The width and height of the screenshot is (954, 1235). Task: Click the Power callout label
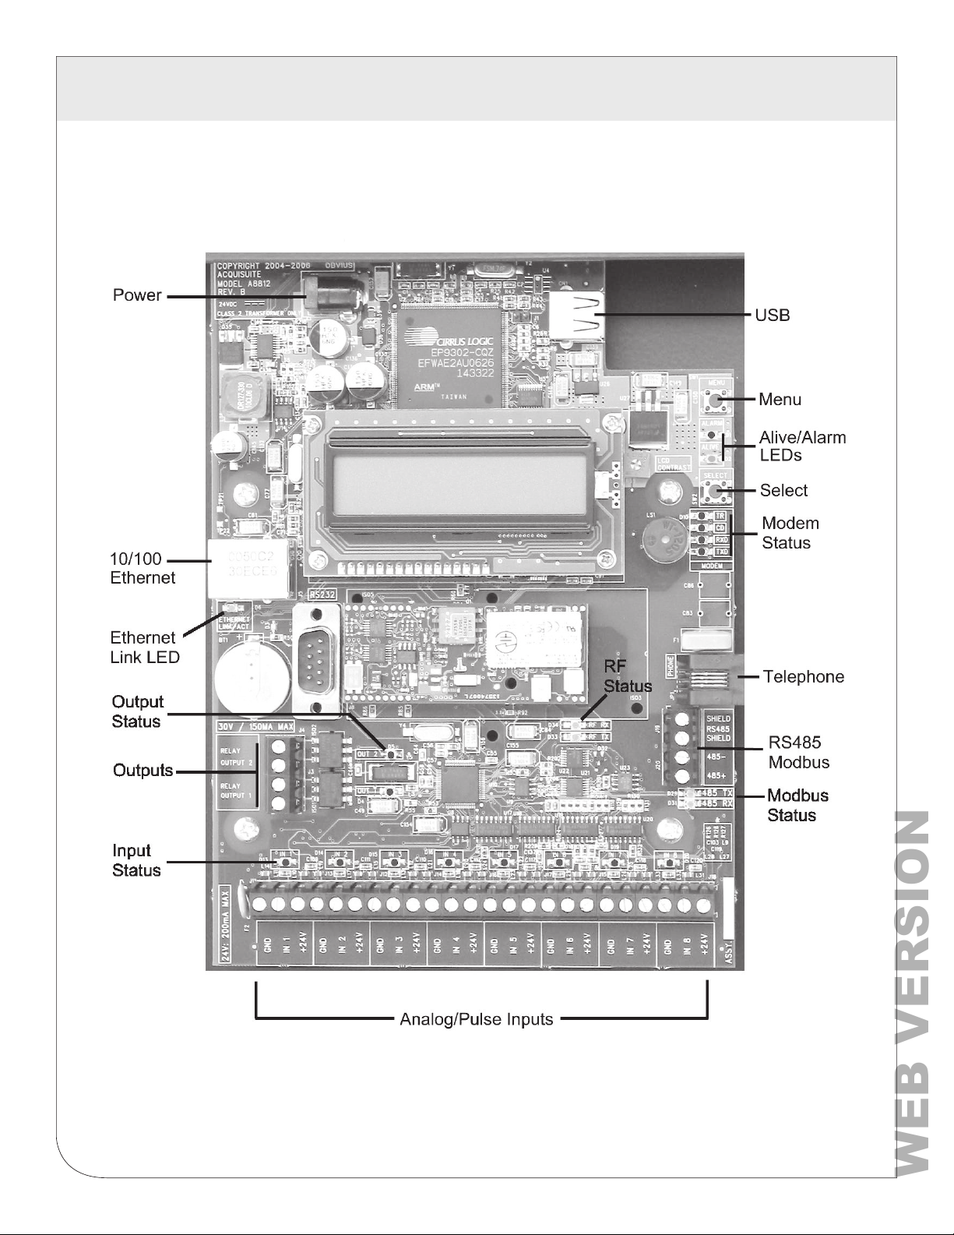(x=137, y=295)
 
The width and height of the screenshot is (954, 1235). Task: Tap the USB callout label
(x=772, y=315)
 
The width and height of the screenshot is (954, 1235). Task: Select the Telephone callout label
(x=803, y=676)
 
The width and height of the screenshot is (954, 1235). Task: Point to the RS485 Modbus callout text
(x=798, y=752)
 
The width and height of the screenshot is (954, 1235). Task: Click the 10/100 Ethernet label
(x=143, y=569)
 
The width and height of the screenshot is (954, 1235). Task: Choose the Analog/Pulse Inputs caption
(x=476, y=1019)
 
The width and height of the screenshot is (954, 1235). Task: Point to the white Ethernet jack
(x=238, y=567)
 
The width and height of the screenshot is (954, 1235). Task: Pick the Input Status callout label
(x=136, y=860)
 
